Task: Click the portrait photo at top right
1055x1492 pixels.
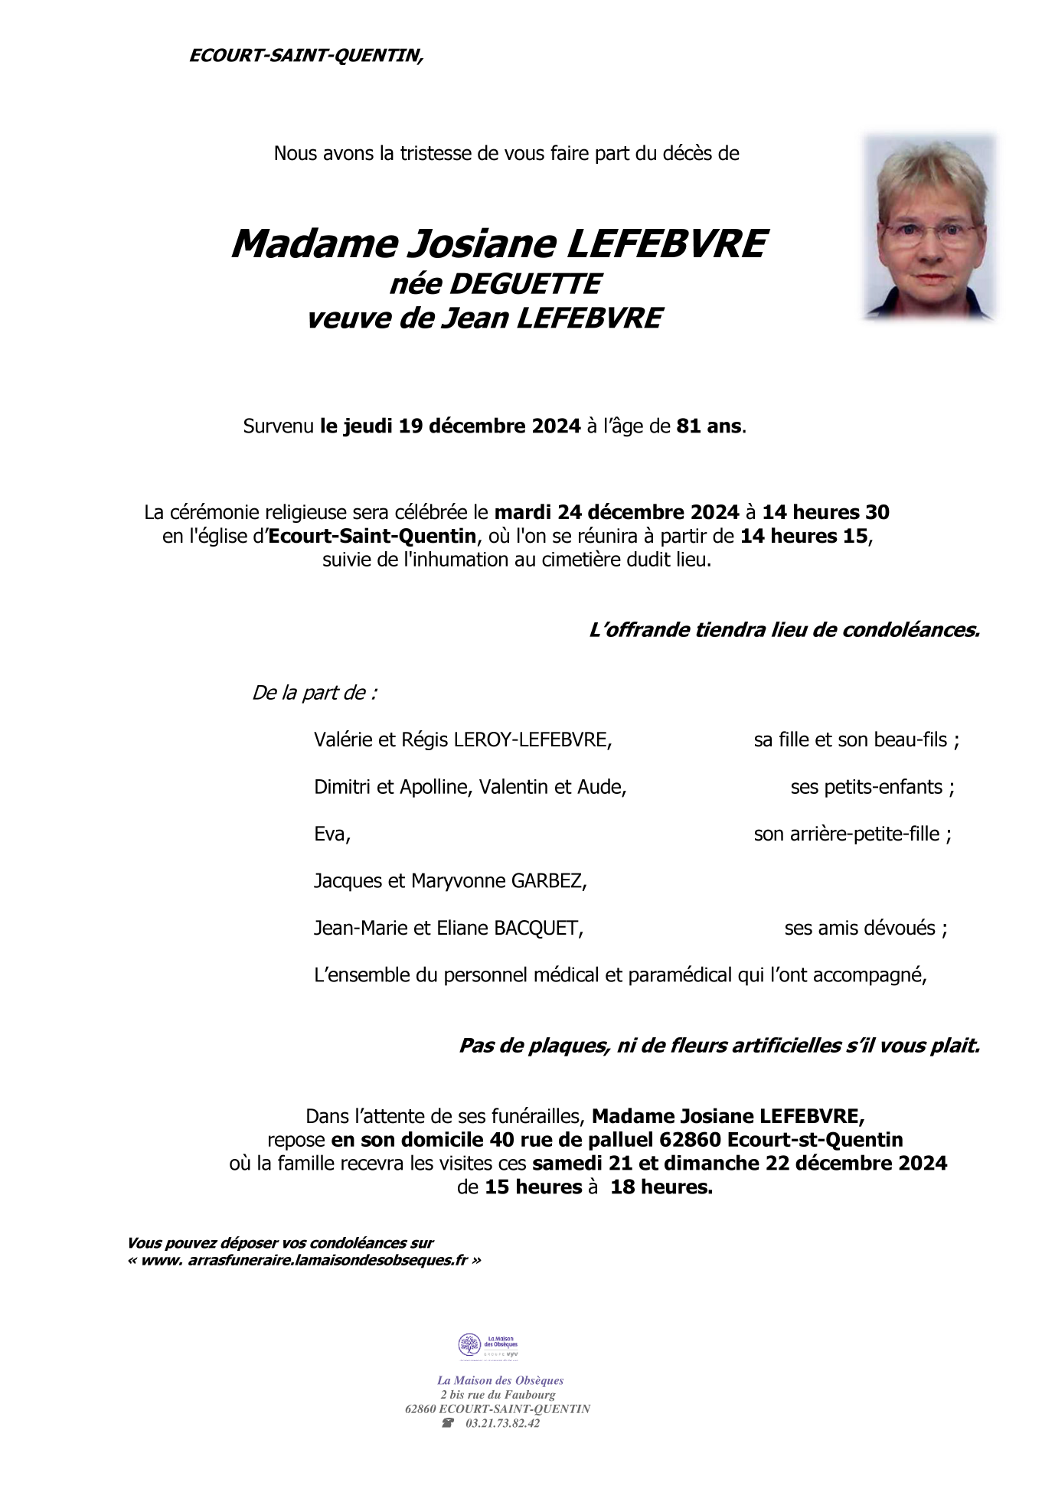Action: (x=929, y=228)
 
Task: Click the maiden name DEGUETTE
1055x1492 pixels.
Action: (x=524, y=284)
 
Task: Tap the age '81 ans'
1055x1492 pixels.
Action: (x=709, y=426)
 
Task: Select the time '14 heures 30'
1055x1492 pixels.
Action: (x=825, y=512)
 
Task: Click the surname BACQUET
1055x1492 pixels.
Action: (x=537, y=929)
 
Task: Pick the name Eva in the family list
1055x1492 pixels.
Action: (x=331, y=834)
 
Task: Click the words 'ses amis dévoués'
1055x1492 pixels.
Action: (x=860, y=929)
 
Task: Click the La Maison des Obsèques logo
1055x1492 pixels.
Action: (x=488, y=1347)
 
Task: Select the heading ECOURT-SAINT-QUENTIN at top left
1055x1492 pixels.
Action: (x=305, y=56)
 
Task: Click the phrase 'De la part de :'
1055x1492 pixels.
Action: (x=314, y=694)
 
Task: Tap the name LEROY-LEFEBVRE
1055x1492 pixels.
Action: (x=532, y=740)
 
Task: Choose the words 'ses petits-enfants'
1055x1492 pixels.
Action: (x=866, y=787)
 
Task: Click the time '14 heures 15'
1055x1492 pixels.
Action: (x=804, y=536)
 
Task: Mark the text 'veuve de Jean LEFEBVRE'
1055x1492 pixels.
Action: (x=484, y=318)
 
